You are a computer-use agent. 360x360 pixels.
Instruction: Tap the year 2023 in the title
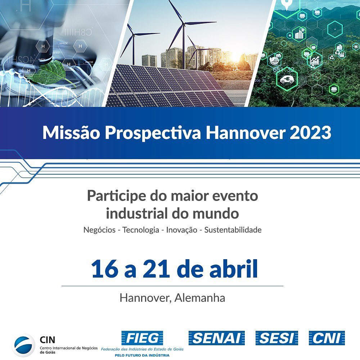(x=310, y=133)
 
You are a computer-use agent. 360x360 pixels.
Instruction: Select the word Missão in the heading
(x=71, y=133)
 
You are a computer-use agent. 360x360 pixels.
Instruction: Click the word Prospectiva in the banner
(x=153, y=133)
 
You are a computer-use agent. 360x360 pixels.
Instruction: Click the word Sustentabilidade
(x=233, y=230)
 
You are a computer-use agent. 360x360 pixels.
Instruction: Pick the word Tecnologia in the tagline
(x=141, y=230)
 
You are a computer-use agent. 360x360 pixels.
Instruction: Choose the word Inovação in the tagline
(x=181, y=230)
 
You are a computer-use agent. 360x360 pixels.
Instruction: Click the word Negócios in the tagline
(x=100, y=230)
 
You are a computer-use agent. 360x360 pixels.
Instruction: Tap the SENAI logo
(x=216, y=338)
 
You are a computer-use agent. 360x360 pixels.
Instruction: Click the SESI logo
(x=277, y=338)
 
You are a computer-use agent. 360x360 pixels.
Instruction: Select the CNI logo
(x=327, y=338)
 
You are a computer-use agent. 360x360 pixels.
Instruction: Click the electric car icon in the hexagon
(x=287, y=79)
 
